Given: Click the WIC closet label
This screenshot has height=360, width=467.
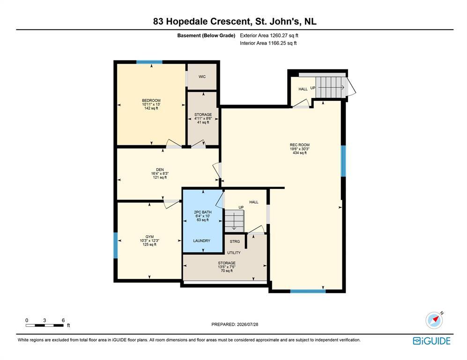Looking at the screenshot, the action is tap(202, 77).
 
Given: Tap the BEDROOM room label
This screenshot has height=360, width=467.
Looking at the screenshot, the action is tap(151, 100).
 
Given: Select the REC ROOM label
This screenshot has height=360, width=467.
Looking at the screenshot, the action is tap(300, 145).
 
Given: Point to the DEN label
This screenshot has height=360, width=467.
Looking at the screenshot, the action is tap(160, 170).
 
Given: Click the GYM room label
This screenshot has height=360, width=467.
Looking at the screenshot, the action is tap(149, 237).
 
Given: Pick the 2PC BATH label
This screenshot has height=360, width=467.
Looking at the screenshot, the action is tap(203, 212).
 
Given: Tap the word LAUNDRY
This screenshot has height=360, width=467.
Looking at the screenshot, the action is tap(201, 241).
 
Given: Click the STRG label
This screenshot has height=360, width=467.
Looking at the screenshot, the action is tap(235, 241).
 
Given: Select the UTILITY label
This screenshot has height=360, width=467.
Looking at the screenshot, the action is tap(234, 253).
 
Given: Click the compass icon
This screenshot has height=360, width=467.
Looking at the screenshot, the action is tap(434, 320).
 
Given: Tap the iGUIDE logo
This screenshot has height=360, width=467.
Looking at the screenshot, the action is tap(431, 341).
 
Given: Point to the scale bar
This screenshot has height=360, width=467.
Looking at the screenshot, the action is tap(44, 325).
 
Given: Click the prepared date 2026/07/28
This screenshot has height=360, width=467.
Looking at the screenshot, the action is tap(247, 324).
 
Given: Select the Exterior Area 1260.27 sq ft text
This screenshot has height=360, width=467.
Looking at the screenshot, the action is tap(269, 36).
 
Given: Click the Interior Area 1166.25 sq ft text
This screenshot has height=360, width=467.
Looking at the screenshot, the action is tap(268, 43).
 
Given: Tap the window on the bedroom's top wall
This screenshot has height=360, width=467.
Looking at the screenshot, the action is tap(149, 62).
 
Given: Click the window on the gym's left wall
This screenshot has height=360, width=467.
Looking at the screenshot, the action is tap(116, 245).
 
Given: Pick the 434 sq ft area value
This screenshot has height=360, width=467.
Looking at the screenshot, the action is tap(300, 153).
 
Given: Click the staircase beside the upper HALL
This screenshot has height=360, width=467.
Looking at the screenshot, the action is tap(331, 87).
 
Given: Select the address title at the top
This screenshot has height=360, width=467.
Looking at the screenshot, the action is tap(235, 22).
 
